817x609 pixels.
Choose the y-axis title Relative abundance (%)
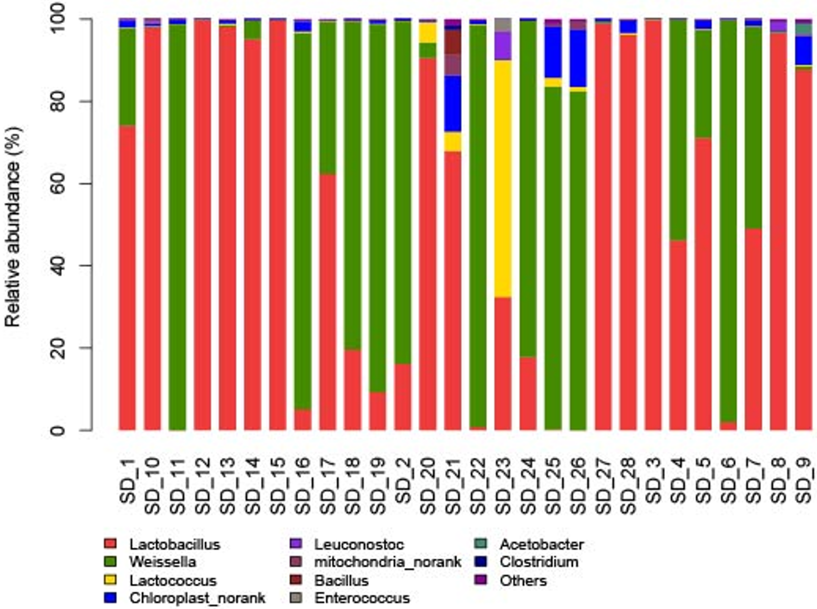[x=13, y=226]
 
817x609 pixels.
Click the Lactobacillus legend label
[x=174, y=544]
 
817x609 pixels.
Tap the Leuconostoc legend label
[x=359, y=544]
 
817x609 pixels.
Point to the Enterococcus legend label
[x=362, y=598]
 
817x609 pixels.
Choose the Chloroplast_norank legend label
[x=197, y=598]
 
